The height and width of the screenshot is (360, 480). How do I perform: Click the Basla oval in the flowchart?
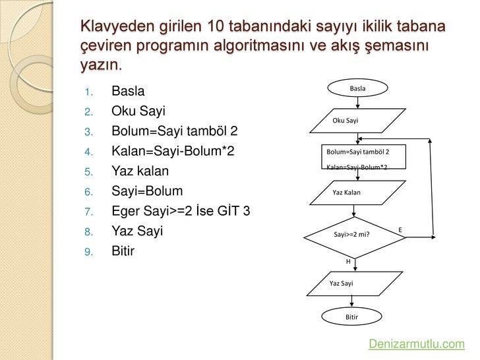tap(357, 88)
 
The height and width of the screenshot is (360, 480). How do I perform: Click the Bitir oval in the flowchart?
tap(352, 317)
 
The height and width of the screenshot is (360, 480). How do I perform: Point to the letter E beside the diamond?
tap(400, 229)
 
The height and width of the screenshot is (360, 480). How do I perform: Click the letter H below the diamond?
tap(348, 262)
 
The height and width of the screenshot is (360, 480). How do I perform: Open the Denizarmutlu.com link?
tap(417, 344)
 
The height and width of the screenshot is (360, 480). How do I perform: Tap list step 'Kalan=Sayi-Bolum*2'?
tap(173, 151)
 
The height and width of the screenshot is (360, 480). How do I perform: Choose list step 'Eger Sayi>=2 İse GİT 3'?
tap(180, 212)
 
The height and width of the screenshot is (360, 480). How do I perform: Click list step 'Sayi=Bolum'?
tap(146, 191)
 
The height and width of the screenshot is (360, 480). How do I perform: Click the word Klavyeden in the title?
tap(117, 27)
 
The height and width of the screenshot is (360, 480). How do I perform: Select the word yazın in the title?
tap(101, 67)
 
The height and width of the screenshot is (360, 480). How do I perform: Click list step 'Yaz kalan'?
tap(140, 171)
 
